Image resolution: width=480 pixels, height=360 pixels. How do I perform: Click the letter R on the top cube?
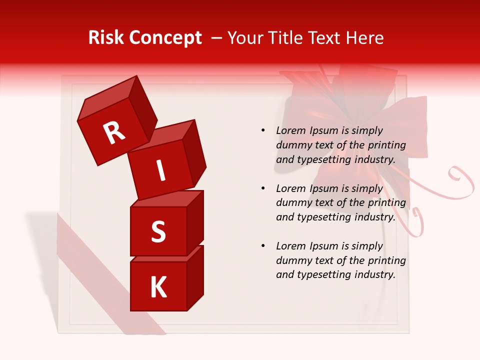(x=114, y=132)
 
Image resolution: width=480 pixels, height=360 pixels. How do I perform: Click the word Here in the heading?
(x=364, y=38)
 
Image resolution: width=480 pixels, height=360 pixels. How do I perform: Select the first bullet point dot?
(x=263, y=131)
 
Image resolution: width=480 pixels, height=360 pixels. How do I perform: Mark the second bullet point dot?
(x=263, y=189)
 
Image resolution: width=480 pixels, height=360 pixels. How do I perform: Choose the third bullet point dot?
(x=263, y=246)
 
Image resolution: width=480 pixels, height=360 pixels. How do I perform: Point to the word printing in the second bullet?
(x=386, y=203)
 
